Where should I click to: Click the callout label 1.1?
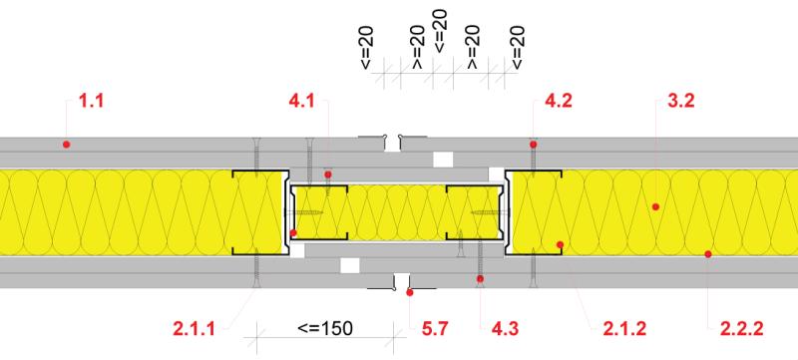click(x=91, y=100)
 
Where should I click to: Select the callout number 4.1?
click(x=302, y=100)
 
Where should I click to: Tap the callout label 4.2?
click(x=559, y=100)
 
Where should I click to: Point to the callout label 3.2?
click(x=680, y=100)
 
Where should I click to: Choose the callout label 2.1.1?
click(x=194, y=328)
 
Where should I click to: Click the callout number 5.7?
click(x=435, y=328)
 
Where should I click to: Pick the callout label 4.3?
click(x=505, y=328)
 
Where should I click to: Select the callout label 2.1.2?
click(x=624, y=328)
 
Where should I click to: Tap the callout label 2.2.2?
click(x=741, y=328)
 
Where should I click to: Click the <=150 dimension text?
click(x=325, y=328)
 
